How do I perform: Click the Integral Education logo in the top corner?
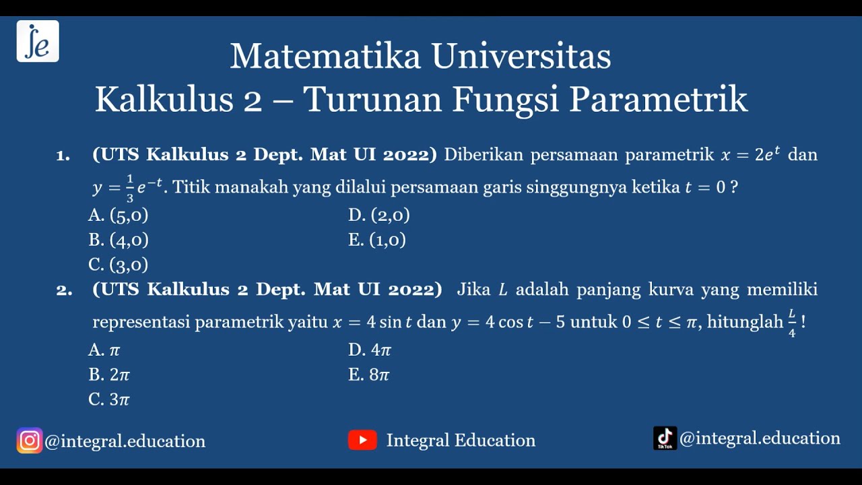tap(38, 41)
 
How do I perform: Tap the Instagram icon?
tap(30, 441)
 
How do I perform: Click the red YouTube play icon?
tap(362, 441)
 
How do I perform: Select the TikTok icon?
tap(665, 439)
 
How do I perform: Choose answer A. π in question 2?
tap(104, 350)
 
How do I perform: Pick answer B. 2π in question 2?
tap(109, 375)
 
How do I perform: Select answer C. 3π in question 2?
tap(109, 399)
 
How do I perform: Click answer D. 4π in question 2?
tap(370, 350)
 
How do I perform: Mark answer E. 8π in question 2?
tap(369, 375)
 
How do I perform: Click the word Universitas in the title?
tap(521, 57)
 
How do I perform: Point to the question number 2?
tap(64, 290)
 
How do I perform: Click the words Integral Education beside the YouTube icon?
tap(461, 441)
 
